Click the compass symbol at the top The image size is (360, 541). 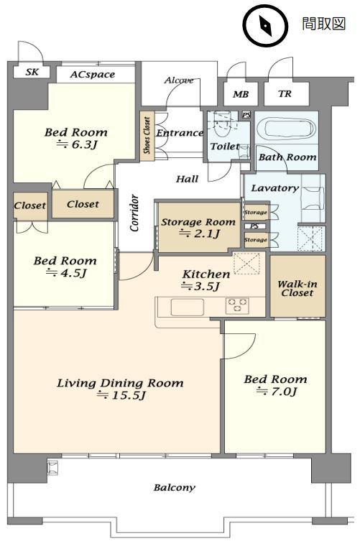265,25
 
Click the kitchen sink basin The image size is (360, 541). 187,307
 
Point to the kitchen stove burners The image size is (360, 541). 237,305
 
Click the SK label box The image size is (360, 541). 32,72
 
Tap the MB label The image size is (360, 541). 241,94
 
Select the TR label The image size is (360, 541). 285,93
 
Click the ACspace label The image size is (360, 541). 92,75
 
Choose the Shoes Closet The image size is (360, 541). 147,136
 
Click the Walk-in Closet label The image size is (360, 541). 297,288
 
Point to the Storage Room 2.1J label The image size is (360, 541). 198,228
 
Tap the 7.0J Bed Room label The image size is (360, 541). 275,385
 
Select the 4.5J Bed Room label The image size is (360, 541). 65,267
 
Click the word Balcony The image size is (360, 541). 175,488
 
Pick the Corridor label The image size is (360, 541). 134,213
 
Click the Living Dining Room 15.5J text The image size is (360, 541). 120,389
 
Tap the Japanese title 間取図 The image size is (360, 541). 323,24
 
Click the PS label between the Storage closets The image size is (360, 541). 254,226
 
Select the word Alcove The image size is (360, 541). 179,80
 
